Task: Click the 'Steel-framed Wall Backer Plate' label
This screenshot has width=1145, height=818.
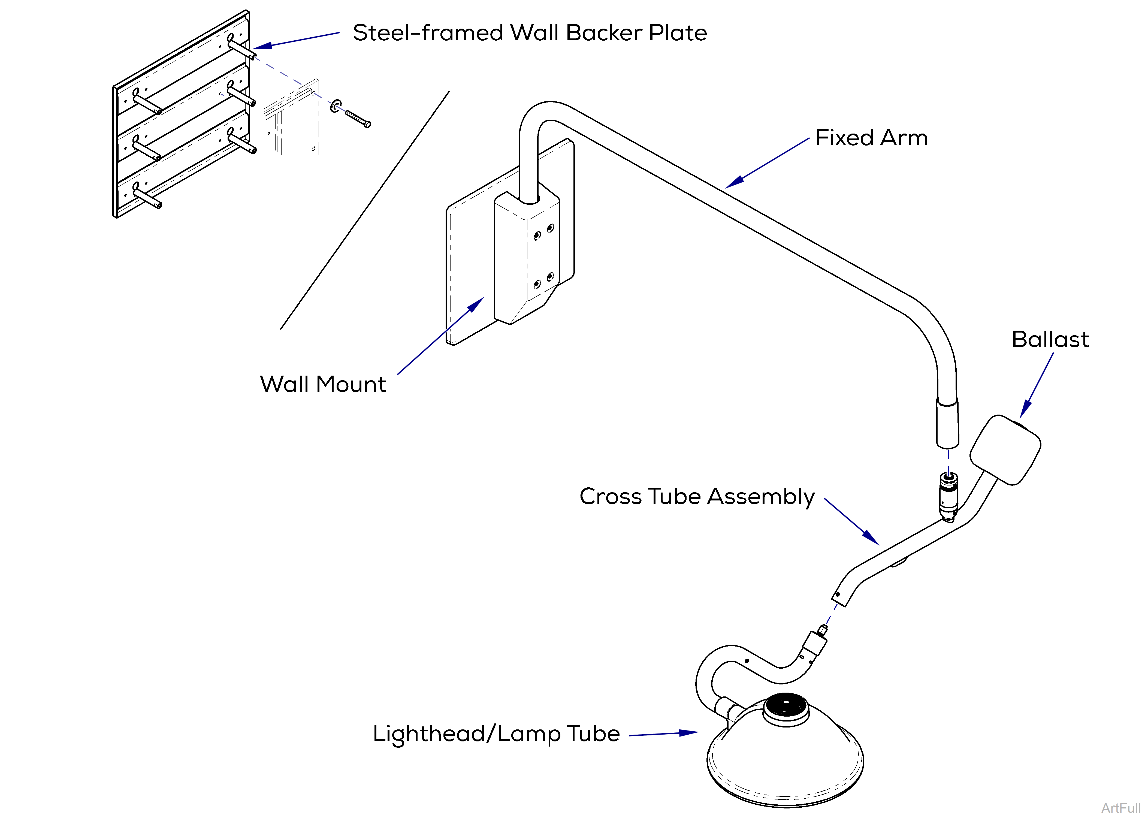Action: tap(530, 33)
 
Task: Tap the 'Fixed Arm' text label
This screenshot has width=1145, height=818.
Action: tap(871, 138)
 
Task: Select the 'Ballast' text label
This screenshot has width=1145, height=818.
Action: tap(1050, 339)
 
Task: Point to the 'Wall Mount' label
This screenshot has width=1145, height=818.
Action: tap(323, 384)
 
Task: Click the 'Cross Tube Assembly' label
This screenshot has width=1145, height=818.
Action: tap(697, 497)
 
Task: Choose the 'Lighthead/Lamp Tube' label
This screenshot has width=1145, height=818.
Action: tap(496, 734)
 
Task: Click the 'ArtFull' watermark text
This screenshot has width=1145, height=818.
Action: tap(1121, 808)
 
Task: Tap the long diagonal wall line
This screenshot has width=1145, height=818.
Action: tap(365, 210)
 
